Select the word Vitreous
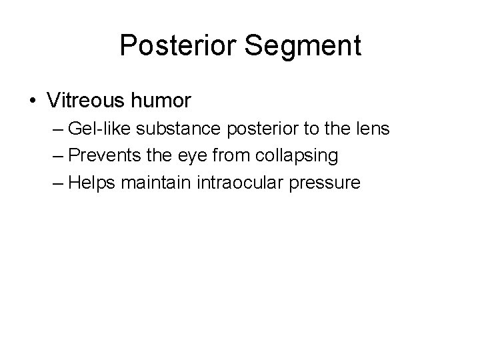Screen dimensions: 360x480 [83, 101]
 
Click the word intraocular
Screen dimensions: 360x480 [232, 182]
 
